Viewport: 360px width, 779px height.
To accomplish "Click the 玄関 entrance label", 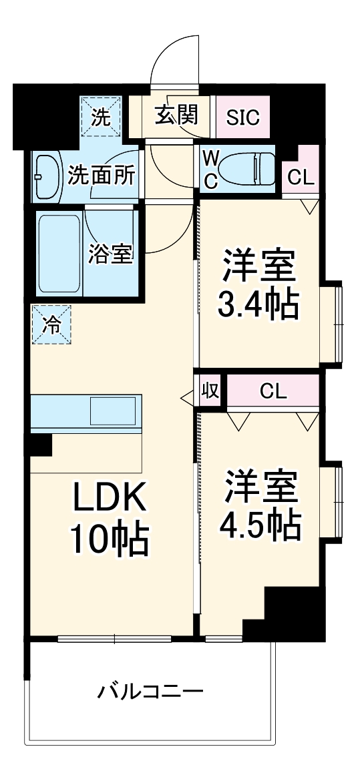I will [x=177, y=115].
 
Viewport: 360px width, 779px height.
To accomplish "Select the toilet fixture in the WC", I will [x=248, y=169].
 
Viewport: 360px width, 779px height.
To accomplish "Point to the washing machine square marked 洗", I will [x=102, y=117].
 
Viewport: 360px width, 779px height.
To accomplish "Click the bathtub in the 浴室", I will [x=59, y=254].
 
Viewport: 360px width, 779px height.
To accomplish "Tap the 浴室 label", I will [x=111, y=254].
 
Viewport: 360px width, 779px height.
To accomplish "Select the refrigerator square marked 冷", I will [x=51, y=324].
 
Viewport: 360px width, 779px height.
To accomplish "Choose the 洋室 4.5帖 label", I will [x=260, y=505].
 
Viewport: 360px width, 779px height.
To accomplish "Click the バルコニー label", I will [x=150, y=690].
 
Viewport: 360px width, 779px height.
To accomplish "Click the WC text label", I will [x=210, y=169].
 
